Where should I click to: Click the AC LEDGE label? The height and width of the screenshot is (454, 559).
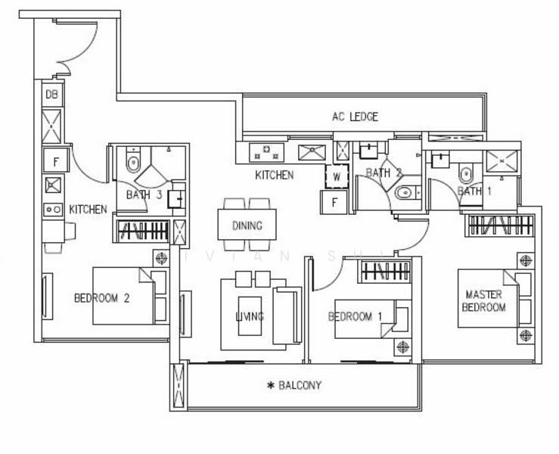point(354,117)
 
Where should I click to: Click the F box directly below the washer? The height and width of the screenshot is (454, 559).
point(334,202)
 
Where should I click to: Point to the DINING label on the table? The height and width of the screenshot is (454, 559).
point(247,225)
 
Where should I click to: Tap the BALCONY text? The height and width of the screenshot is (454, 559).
point(300,385)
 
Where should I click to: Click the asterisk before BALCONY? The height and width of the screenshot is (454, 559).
point(270,386)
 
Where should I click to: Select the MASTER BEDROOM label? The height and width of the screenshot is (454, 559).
point(485,300)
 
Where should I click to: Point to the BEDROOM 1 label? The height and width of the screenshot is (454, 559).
point(355,316)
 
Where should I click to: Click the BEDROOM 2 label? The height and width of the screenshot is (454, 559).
point(101,298)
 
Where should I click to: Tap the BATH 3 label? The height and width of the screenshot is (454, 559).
point(144,194)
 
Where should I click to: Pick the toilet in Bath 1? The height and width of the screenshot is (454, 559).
point(466,175)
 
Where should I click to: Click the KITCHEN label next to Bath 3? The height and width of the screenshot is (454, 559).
point(88,209)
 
